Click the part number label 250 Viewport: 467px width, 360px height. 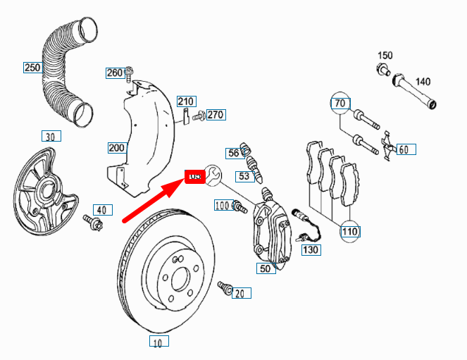[x=32, y=68]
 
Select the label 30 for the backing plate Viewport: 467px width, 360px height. [x=49, y=136]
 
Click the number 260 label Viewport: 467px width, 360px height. [x=114, y=73]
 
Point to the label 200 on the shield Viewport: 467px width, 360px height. [x=116, y=148]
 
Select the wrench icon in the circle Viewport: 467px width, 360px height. [x=213, y=173]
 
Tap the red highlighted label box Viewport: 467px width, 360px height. [x=194, y=176]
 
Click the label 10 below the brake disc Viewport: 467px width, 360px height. [x=158, y=342]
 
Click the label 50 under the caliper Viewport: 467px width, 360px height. [x=266, y=268]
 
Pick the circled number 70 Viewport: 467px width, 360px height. [x=340, y=104]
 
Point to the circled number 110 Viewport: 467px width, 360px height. [x=350, y=230]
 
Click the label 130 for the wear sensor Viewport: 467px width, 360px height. [x=310, y=249]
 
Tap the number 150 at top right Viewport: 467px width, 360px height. [x=385, y=55]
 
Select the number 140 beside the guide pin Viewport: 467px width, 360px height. [x=421, y=81]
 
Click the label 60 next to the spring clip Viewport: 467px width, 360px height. [x=404, y=149]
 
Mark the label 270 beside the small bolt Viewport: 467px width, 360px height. [x=216, y=114]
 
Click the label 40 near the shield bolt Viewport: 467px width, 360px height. [x=103, y=209]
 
